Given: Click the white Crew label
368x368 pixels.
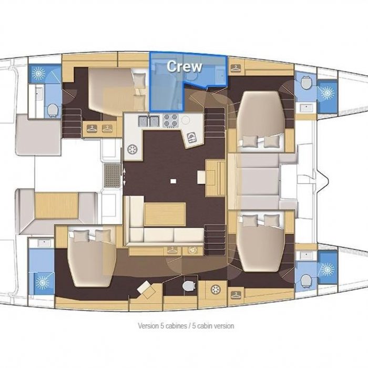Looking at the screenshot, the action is click(x=185, y=66).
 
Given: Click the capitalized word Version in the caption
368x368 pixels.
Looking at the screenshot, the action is click(x=149, y=326).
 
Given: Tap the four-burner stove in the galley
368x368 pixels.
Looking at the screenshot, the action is click(x=171, y=120).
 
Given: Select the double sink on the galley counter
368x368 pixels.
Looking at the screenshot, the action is click(x=149, y=121).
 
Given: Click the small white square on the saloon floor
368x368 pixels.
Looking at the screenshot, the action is click(x=173, y=181).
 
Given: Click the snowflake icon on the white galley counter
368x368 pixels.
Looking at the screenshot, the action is click(x=132, y=149).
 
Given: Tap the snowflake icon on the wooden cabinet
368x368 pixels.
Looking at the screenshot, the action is click(x=215, y=290).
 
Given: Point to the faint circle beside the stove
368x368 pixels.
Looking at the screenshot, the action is click(x=186, y=120).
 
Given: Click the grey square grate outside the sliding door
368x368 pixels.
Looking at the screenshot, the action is click(x=112, y=175).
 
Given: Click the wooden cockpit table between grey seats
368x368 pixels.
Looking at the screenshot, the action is click(x=56, y=206).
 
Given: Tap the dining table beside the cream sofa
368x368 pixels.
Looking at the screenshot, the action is click(x=165, y=214).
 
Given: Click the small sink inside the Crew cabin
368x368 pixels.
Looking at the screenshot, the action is click(x=221, y=75).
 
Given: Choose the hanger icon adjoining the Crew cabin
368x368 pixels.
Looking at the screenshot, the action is click(x=236, y=68).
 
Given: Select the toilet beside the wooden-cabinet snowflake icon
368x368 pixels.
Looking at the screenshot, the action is click(x=189, y=285).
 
